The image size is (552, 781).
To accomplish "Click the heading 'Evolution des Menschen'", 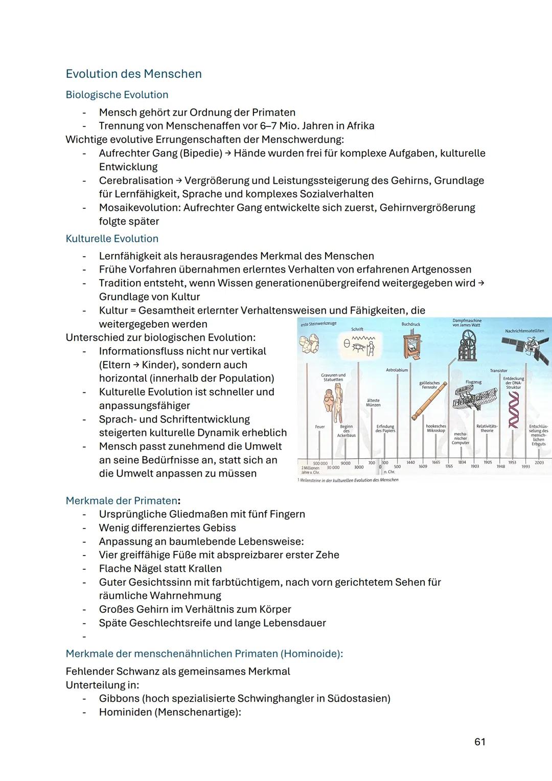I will click(x=133, y=74).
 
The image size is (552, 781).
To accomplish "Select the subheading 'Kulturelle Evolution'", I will click(x=112, y=239).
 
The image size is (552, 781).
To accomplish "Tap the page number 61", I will click(x=479, y=742).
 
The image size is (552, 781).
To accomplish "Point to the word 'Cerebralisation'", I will click(x=136, y=181).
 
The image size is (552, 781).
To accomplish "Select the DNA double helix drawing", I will click(x=513, y=409).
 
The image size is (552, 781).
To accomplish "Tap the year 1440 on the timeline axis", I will click(x=410, y=462).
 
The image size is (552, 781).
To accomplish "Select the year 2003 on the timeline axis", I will click(x=539, y=462).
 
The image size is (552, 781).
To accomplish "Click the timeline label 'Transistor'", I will click(x=498, y=370).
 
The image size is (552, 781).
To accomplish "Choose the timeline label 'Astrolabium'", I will click(x=397, y=370).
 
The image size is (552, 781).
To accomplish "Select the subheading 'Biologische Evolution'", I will click(x=117, y=95).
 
